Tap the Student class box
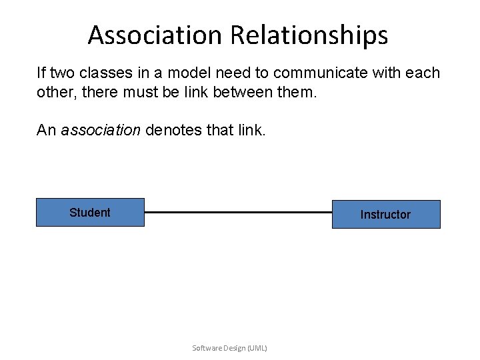[x=90, y=213]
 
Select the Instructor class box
[x=386, y=215]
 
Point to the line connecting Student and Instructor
[x=238, y=213]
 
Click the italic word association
[x=101, y=130]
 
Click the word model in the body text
[x=182, y=73]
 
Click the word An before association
[x=47, y=130]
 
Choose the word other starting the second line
[x=53, y=91]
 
